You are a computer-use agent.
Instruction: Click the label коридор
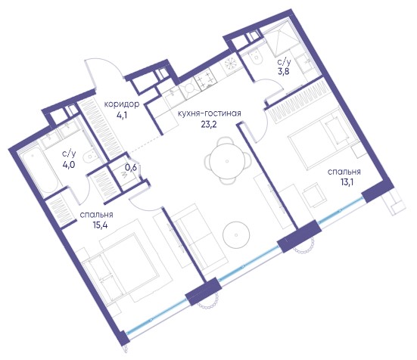[122, 104]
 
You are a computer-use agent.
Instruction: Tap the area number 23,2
[209, 124]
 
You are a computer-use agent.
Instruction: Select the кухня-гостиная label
[209, 113]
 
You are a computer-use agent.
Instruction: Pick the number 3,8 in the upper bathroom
[284, 73]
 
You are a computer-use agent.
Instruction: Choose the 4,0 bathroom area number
[69, 164]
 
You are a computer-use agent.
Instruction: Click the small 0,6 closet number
[130, 168]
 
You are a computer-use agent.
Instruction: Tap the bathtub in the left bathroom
[40, 173]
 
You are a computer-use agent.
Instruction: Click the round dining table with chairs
[227, 160]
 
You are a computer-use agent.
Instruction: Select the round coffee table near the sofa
[236, 235]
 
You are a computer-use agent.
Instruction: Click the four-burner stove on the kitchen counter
[204, 79]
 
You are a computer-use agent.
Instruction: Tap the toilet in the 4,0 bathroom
[89, 157]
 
